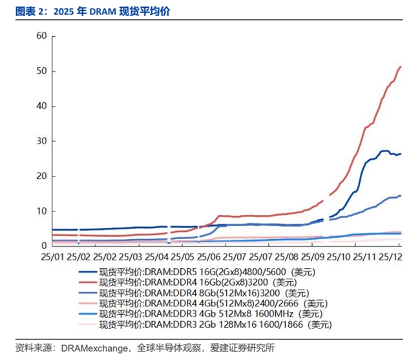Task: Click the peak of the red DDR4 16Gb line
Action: point(401,67)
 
